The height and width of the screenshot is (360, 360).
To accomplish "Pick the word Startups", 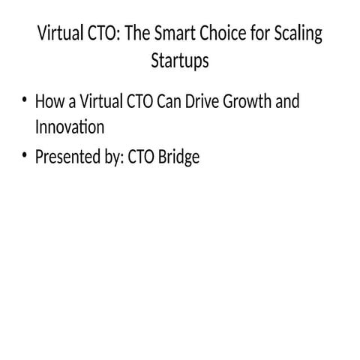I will pyautogui.click(x=179, y=61).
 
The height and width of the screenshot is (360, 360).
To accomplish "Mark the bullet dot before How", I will pyautogui.click(x=25, y=101).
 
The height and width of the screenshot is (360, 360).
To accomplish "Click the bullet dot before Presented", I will pyautogui.click(x=25, y=157).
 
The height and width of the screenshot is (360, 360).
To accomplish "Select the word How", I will pyautogui.click(x=49, y=101).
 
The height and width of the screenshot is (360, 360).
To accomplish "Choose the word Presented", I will pyautogui.click(x=67, y=157).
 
